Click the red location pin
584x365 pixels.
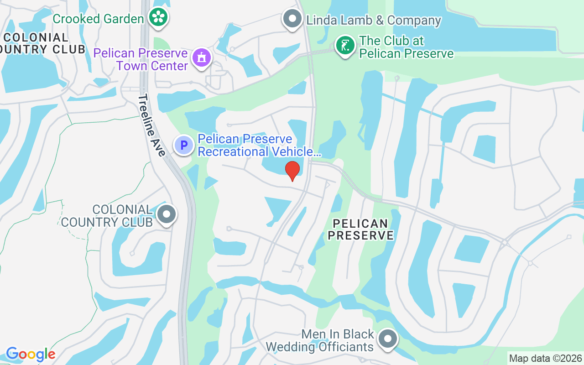pyautogui.click(x=292, y=170)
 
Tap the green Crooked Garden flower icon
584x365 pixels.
pyautogui.click(x=158, y=18)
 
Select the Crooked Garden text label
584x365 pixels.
pyautogui.click(x=98, y=19)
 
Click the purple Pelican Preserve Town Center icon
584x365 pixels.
pyautogui.click(x=201, y=57)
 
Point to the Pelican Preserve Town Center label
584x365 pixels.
pyautogui.click(x=141, y=59)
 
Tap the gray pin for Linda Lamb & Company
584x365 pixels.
pyautogui.click(x=292, y=19)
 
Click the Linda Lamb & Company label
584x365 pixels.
pyautogui.click(x=374, y=21)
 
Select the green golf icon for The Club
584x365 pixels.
pyautogui.click(x=345, y=45)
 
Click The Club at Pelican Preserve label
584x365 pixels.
pyautogui.click(x=406, y=47)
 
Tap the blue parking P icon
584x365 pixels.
pyautogui.click(x=184, y=146)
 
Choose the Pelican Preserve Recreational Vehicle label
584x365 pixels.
pyautogui.click(x=259, y=145)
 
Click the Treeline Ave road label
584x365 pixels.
pyautogui.click(x=152, y=125)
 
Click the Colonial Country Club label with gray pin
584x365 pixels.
pyautogui.click(x=107, y=216)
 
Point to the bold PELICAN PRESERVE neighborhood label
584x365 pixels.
pyautogui.click(x=360, y=229)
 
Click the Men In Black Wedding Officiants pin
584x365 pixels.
pyautogui.click(x=388, y=339)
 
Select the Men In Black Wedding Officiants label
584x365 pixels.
pyautogui.click(x=319, y=340)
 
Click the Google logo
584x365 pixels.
pyautogui.click(x=31, y=354)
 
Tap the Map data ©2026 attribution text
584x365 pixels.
pyautogui.click(x=545, y=358)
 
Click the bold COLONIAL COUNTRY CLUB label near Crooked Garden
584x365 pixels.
pyautogui.click(x=41, y=43)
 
